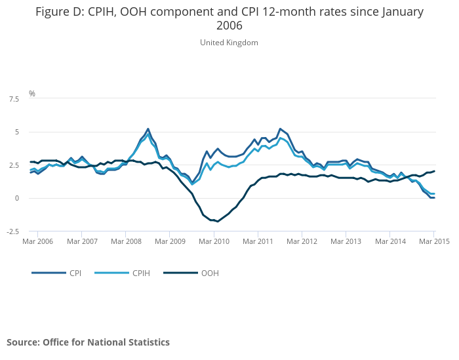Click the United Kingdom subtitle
(x=229, y=43)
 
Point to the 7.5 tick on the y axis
(x=13, y=99)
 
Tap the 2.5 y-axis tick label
(x=13, y=165)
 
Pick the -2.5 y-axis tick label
(x=12, y=231)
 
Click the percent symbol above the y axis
(x=31, y=94)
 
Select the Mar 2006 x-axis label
(x=37, y=241)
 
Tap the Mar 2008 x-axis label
(x=126, y=241)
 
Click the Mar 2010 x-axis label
(x=214, y=241)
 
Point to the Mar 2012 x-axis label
(x=302, y=241)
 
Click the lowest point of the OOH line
(x=218, y=222)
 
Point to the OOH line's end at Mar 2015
(x=434, y=171)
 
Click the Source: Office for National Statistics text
(x=88, y=342)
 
